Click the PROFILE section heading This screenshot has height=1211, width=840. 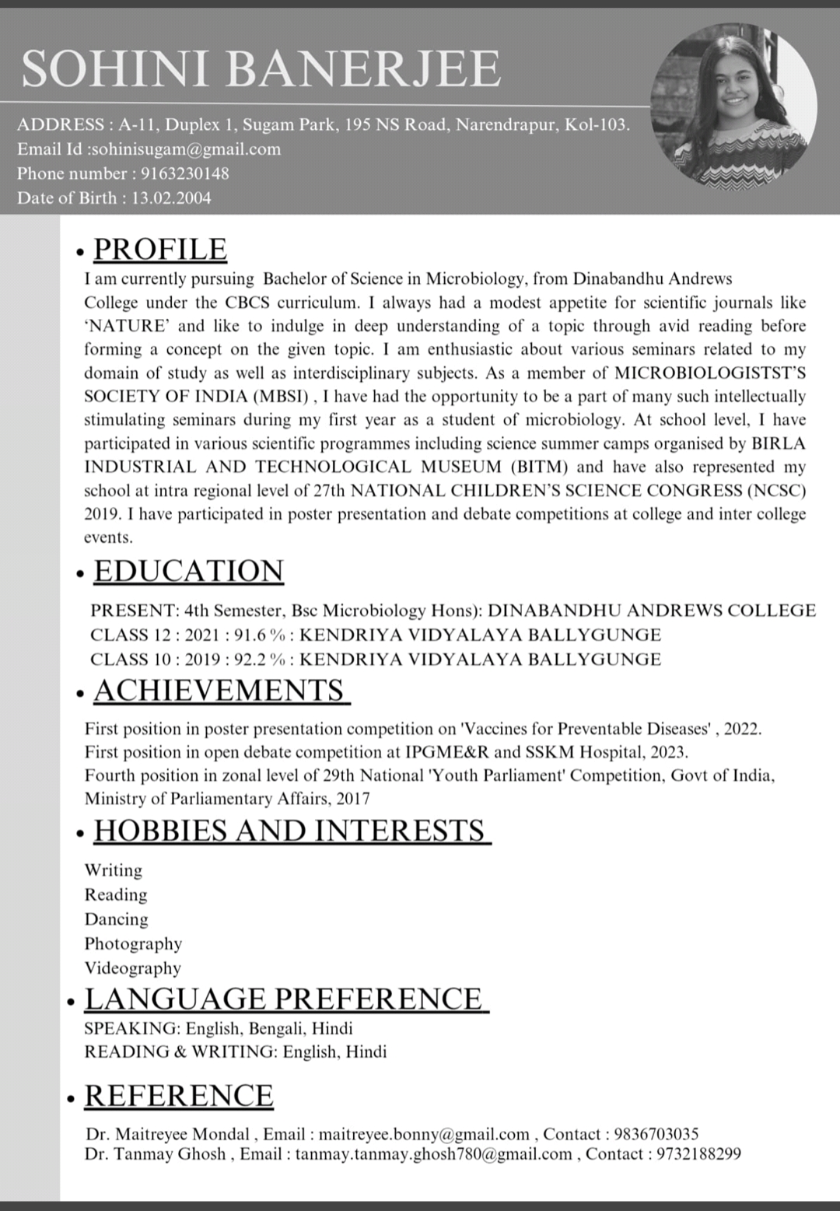(160, 249)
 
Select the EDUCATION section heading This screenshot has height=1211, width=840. (188, 571)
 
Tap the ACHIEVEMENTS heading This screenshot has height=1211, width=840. (219, 691)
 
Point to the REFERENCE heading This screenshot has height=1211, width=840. (179, 1095)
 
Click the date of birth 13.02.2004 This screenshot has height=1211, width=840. (171, 198)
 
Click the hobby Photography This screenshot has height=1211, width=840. (133, 943)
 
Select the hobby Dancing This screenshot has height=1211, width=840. (116, 919)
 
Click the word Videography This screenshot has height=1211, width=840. (132, 968)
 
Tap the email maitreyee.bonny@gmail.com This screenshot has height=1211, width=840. (424, 1134)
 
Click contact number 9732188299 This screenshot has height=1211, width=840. (698, 1154)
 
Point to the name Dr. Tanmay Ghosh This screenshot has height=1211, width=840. (155, 1154)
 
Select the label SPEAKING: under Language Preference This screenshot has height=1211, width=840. (132, 1028)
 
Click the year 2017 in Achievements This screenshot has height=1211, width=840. (354, 799)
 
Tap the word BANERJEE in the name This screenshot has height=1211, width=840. (363, 68)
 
